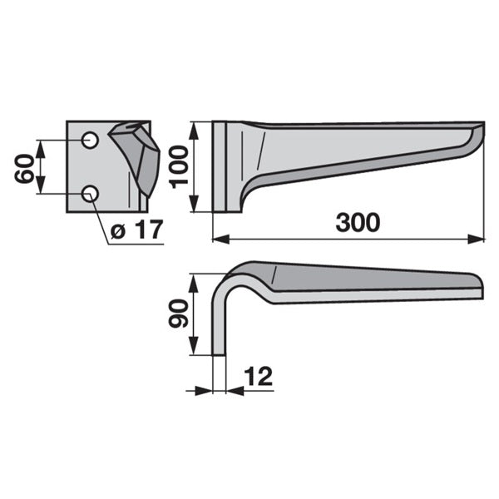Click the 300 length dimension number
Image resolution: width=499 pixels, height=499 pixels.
[358, 223]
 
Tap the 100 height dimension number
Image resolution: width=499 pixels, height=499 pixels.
[179, 167]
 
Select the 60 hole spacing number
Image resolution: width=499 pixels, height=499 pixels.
[24, 168]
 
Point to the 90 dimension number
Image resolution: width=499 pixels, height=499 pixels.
[179, 314]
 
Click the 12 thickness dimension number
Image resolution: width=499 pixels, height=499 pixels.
[259, 376]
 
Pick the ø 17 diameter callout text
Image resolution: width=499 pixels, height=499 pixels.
[137, 230]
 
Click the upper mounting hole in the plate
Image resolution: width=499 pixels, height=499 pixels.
[90, 140]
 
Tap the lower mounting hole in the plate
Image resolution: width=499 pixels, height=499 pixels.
[90, 193]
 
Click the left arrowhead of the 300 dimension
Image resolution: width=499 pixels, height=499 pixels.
[220, 239]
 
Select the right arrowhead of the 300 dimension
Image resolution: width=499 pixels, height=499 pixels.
[476, 239]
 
